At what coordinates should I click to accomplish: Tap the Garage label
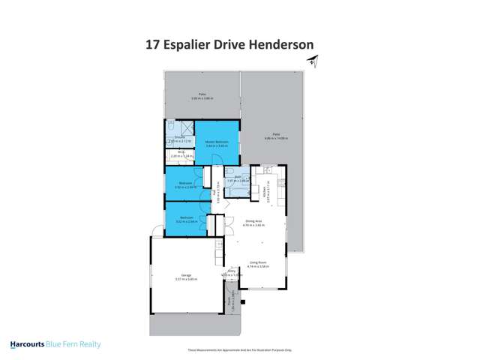[x=184, y=277]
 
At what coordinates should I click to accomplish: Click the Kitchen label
[x=268, y=194]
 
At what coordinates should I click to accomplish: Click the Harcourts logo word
[x=33, y=345]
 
